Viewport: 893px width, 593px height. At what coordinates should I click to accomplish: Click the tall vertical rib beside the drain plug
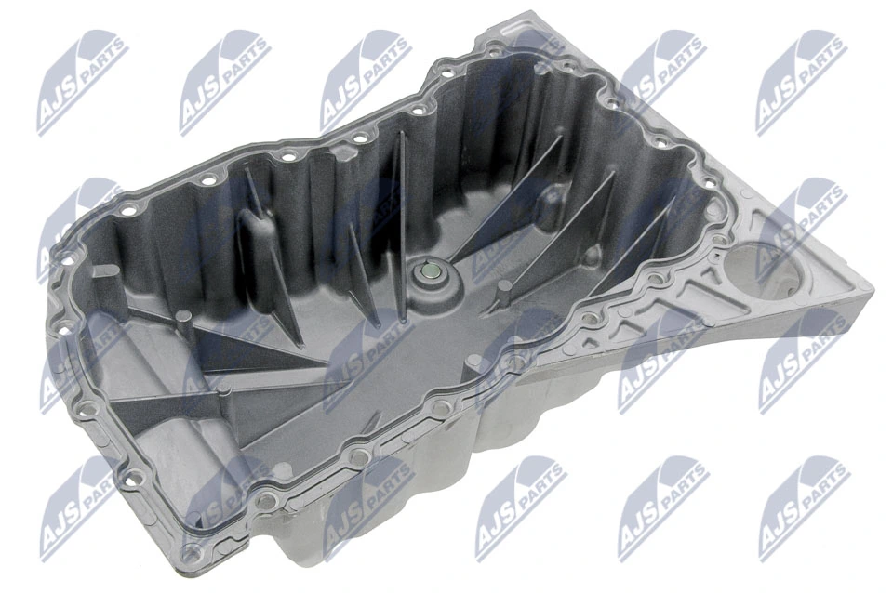pyautogui.click(x=401, y=214)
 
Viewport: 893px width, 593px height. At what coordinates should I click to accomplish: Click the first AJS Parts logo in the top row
pyautogui.click(x=82, y=81)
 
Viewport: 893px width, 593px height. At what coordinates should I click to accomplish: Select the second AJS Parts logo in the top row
pyautogui.click(x=224, y=81)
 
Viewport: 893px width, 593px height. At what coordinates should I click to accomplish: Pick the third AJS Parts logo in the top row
pyautogui.click(x=366, y=81)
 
